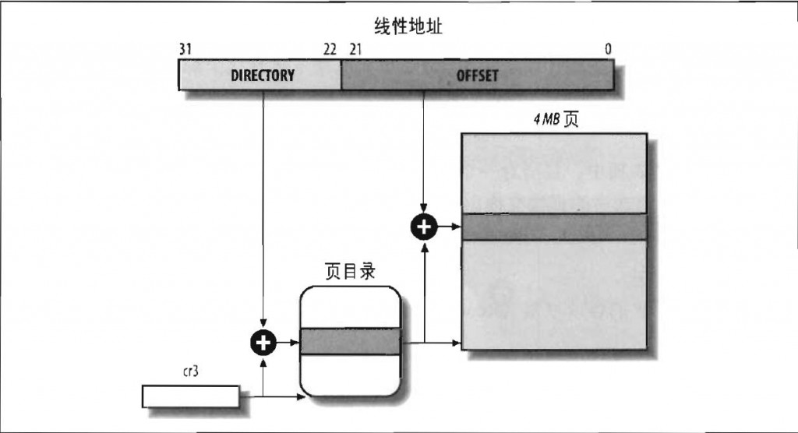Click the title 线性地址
tap(397, 28)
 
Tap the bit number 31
tap(185, 49)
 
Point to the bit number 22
tap(330, 49)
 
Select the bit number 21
tap(355, 49)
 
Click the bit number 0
tap(608, 49)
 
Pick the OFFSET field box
tap(477, 76)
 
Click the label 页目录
tap(350, 273)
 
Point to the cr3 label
tap(190, 373)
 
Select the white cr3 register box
tap(190, 396)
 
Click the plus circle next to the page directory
tap(263, 341)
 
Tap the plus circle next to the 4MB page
tap(423, 227)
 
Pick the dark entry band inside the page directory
tap(350, 341)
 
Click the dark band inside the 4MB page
tap(554, 227)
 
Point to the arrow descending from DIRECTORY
tap(263, 210)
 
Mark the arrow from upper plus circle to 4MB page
tap(447, 227)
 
